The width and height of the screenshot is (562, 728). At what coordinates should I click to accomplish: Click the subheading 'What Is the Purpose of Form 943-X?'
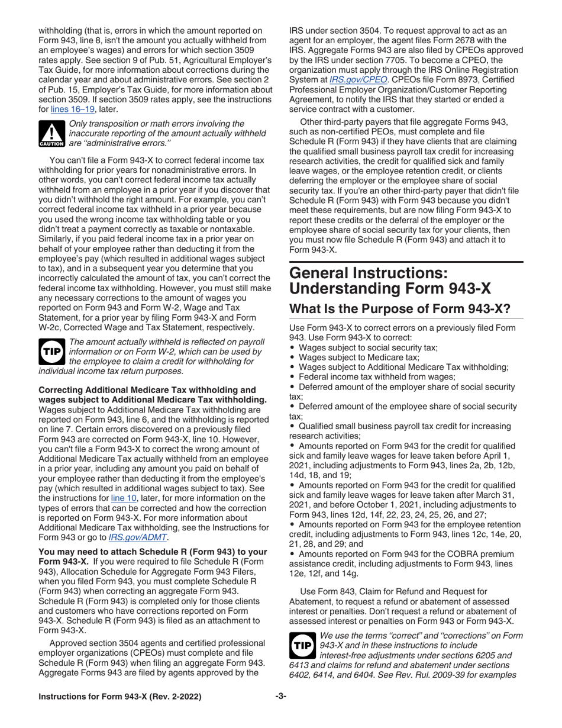[x=399, y=310]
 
